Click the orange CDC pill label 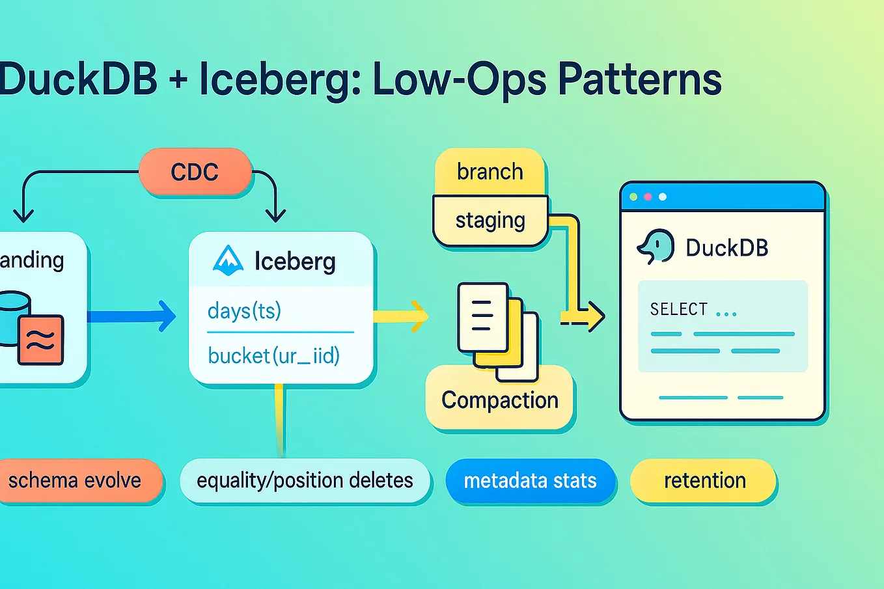pyautogui.click(x=195, y=172)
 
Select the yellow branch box pyautogui.click(x=490, y=172)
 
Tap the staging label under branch pyautogui.click(x=490, y=221)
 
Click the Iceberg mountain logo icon pyautogui.click(x=228, y=260)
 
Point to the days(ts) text pyautogui.click(x=244, y=310)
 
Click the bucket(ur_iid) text pyautogui.click(x=273, y=355)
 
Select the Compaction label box pyautogui.click(x=499, y=400)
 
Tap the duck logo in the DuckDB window pyautogui.click(x=656, y=247)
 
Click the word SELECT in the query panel pyautogui.click(x=678, y=309)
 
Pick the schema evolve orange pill pyautogui.click(x=75, y=480)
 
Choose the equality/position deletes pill pyautogui.click(x=305, y=480)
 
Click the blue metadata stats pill pyautogui.click(x=530, y=480)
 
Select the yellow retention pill pyautogui.click(x=704, y=480)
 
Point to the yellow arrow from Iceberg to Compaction pyautogui.click(x=401, y=316)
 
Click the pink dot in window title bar pyautogui.click(x=648, y=197)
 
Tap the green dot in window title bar pyautogui.click(x=633, y=197)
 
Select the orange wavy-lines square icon pyautogui.click(x=41, y=339)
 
